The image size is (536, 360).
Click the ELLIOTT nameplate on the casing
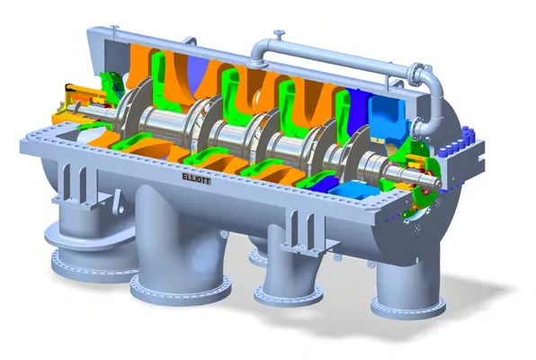tap(196, 178)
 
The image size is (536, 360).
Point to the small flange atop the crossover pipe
tap(280, 33)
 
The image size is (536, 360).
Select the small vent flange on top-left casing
tap(114, 27)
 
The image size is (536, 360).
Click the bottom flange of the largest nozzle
tap(180, 289)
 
